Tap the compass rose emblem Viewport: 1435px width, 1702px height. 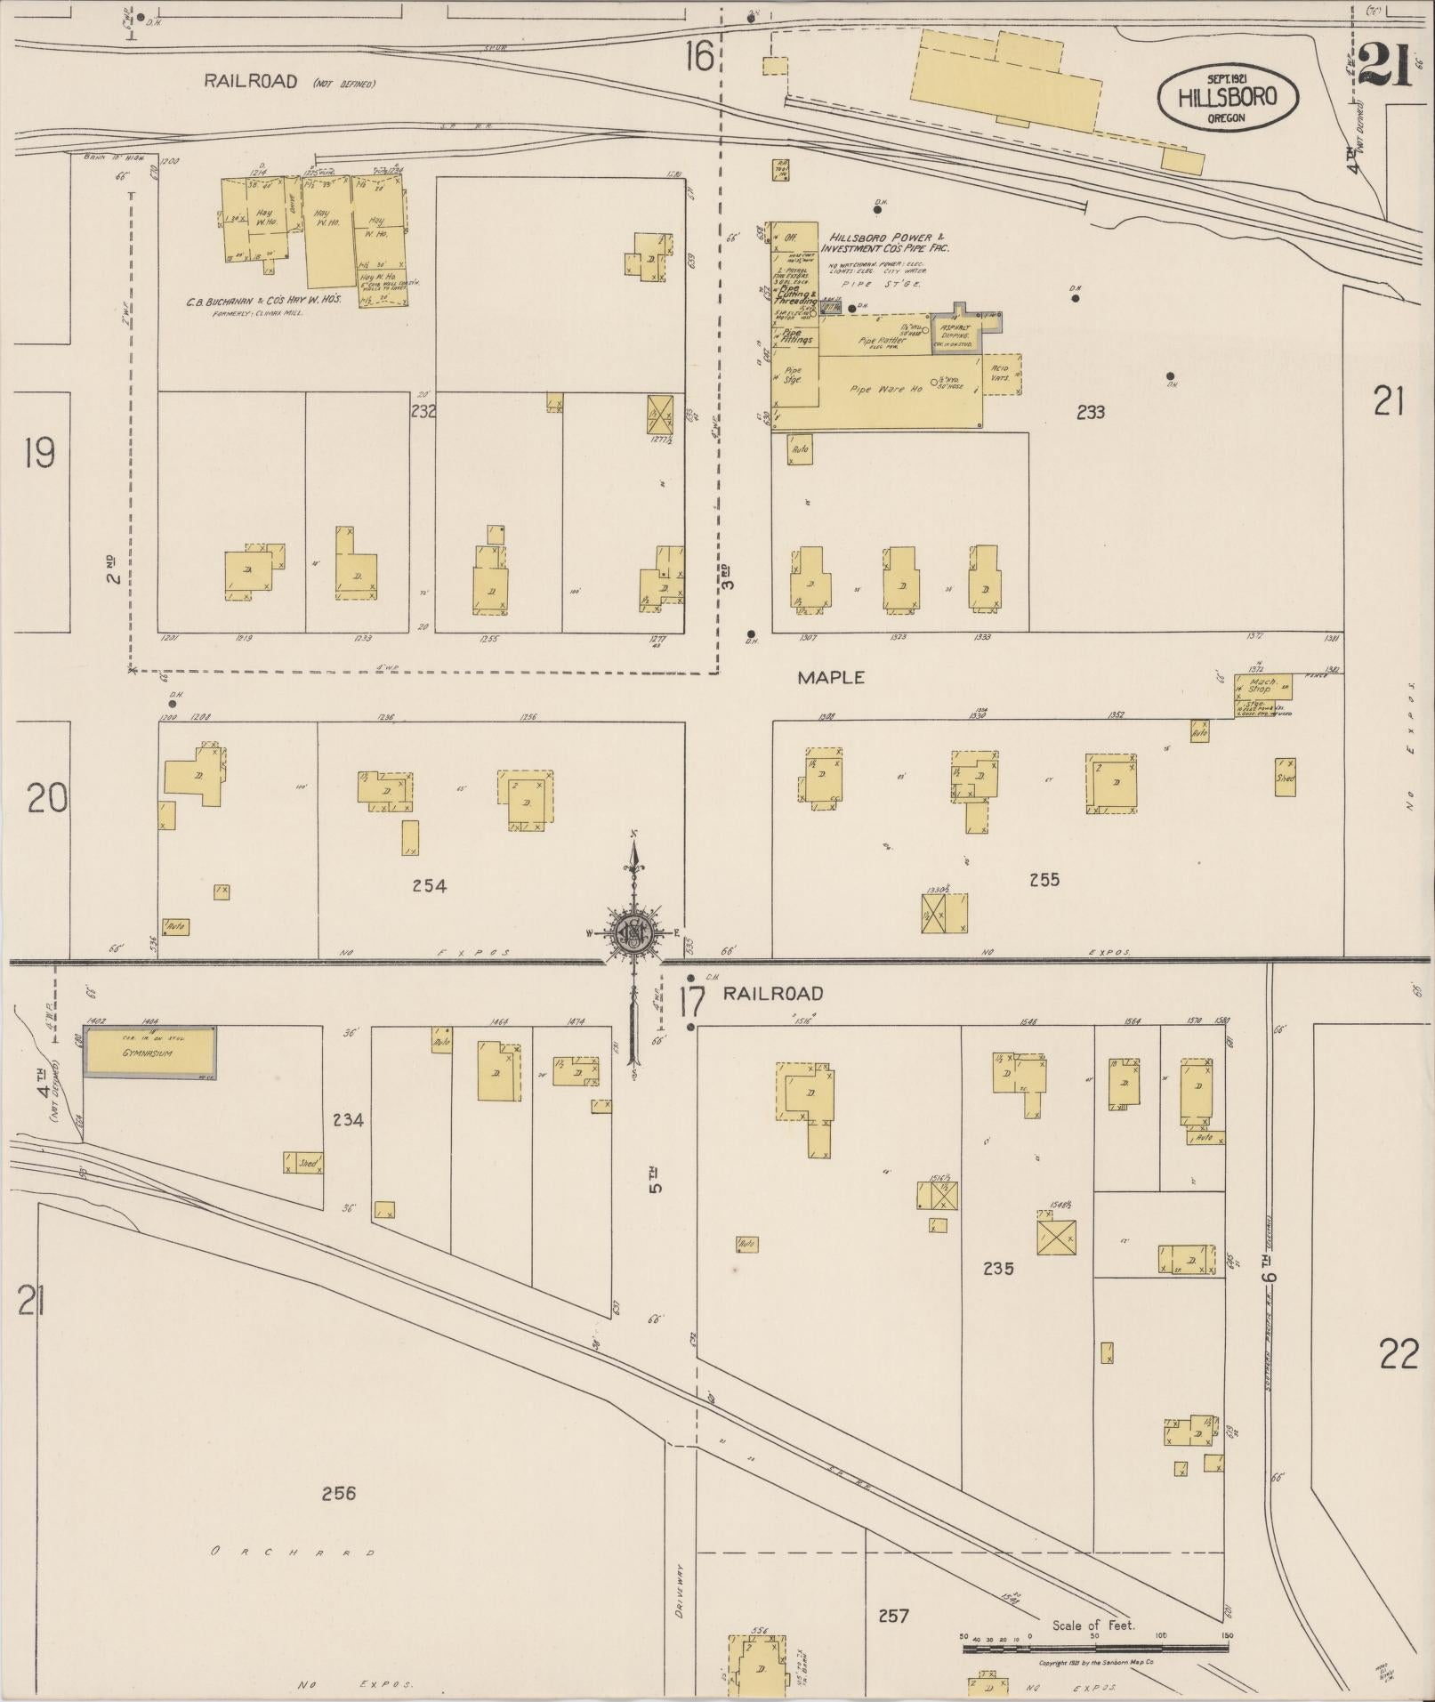point(633,933)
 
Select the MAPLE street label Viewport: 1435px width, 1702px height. point(830,677)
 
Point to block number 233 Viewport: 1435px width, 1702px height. point(1091,412)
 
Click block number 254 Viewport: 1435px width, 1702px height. point(429,885)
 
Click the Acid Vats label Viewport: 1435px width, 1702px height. point(1001,373)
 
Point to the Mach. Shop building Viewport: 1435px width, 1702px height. point(1262,686)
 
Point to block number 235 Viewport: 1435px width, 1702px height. point(998,1269)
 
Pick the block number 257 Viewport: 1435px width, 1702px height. point(892,1614)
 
